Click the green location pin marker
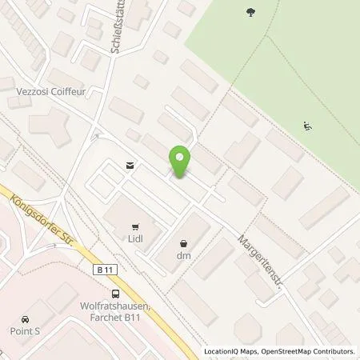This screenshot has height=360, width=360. [x=180, y=162]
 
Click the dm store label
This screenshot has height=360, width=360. [x=185, y=256]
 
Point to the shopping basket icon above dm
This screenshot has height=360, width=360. [x=185, y=243]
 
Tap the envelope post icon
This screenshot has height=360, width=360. [x=129, y=166]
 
